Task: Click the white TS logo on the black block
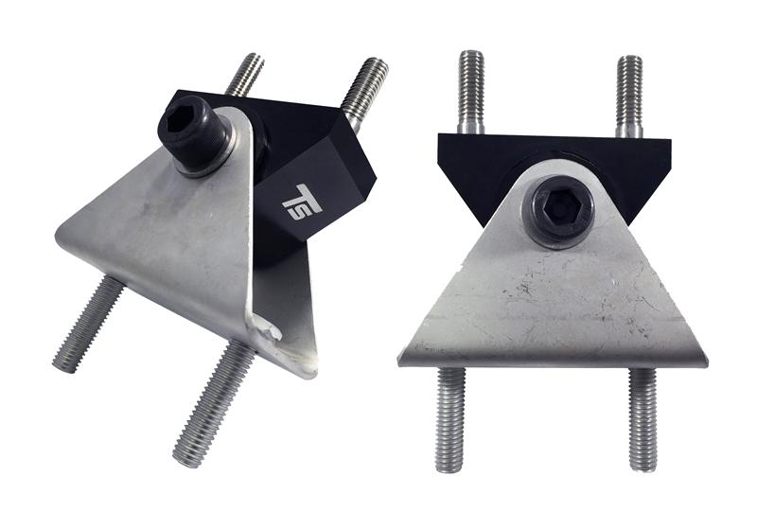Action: [302, 202]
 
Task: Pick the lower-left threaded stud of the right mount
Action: [450, 416]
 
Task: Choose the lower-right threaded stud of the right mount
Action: [643, 416]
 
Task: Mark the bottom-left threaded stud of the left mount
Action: [90, 322]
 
